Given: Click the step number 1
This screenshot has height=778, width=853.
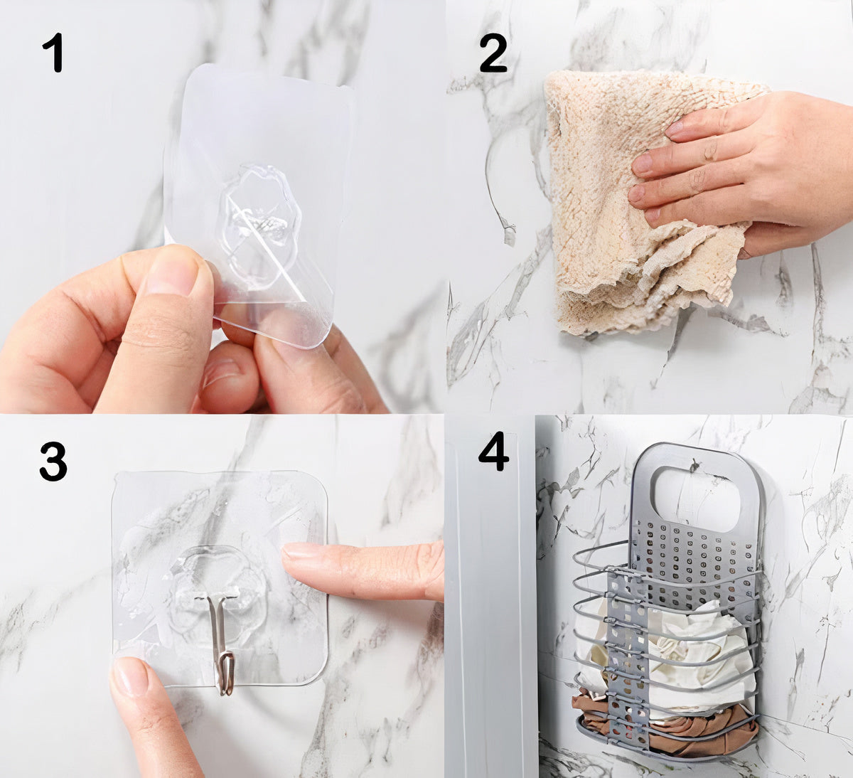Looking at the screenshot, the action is point(53,53).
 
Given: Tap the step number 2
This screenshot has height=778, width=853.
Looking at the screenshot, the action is point(493,53).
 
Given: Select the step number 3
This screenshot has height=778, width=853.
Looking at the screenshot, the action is point(53,462).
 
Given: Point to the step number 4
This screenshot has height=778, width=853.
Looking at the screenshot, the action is point(493,451).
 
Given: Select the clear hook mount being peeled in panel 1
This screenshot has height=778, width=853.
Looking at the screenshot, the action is point(259,204).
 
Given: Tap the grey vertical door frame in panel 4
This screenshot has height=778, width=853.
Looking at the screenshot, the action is point(491,596).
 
